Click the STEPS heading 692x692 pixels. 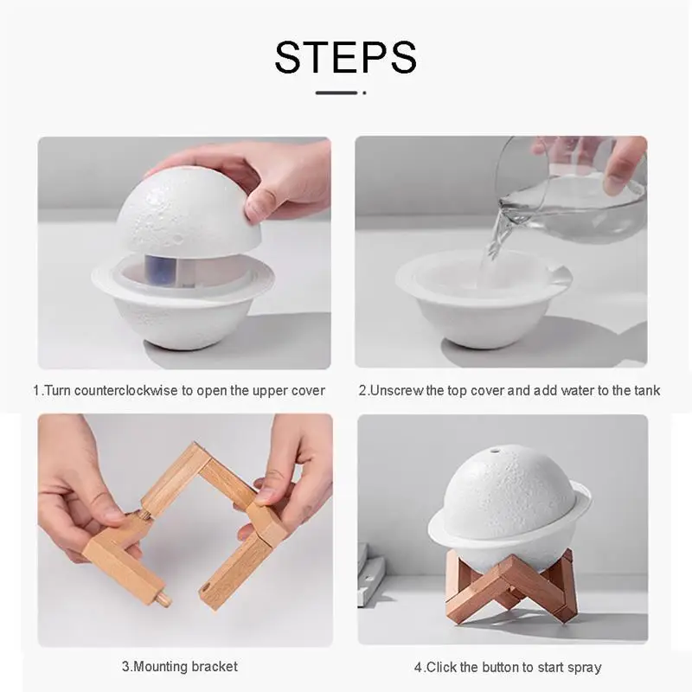pyautogui.click(x=345, y=56)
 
